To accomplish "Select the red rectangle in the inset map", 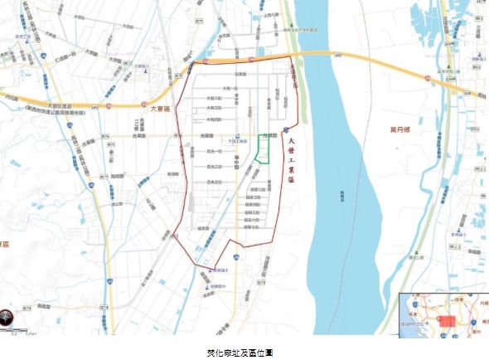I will [x=448, y=320].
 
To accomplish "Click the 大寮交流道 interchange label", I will [x=59, y=105].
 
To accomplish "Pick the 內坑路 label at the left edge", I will [x=9, y=97].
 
